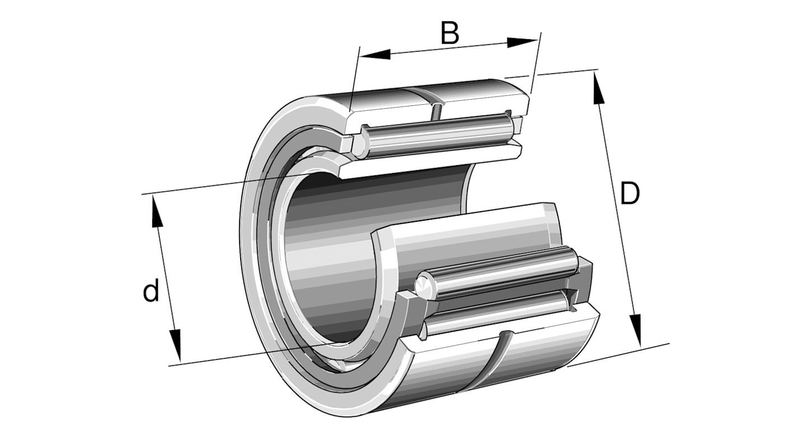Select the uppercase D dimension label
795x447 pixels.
point(629,194)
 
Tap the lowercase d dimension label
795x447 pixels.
point(151,291)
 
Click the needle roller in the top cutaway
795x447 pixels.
point(437,134)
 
